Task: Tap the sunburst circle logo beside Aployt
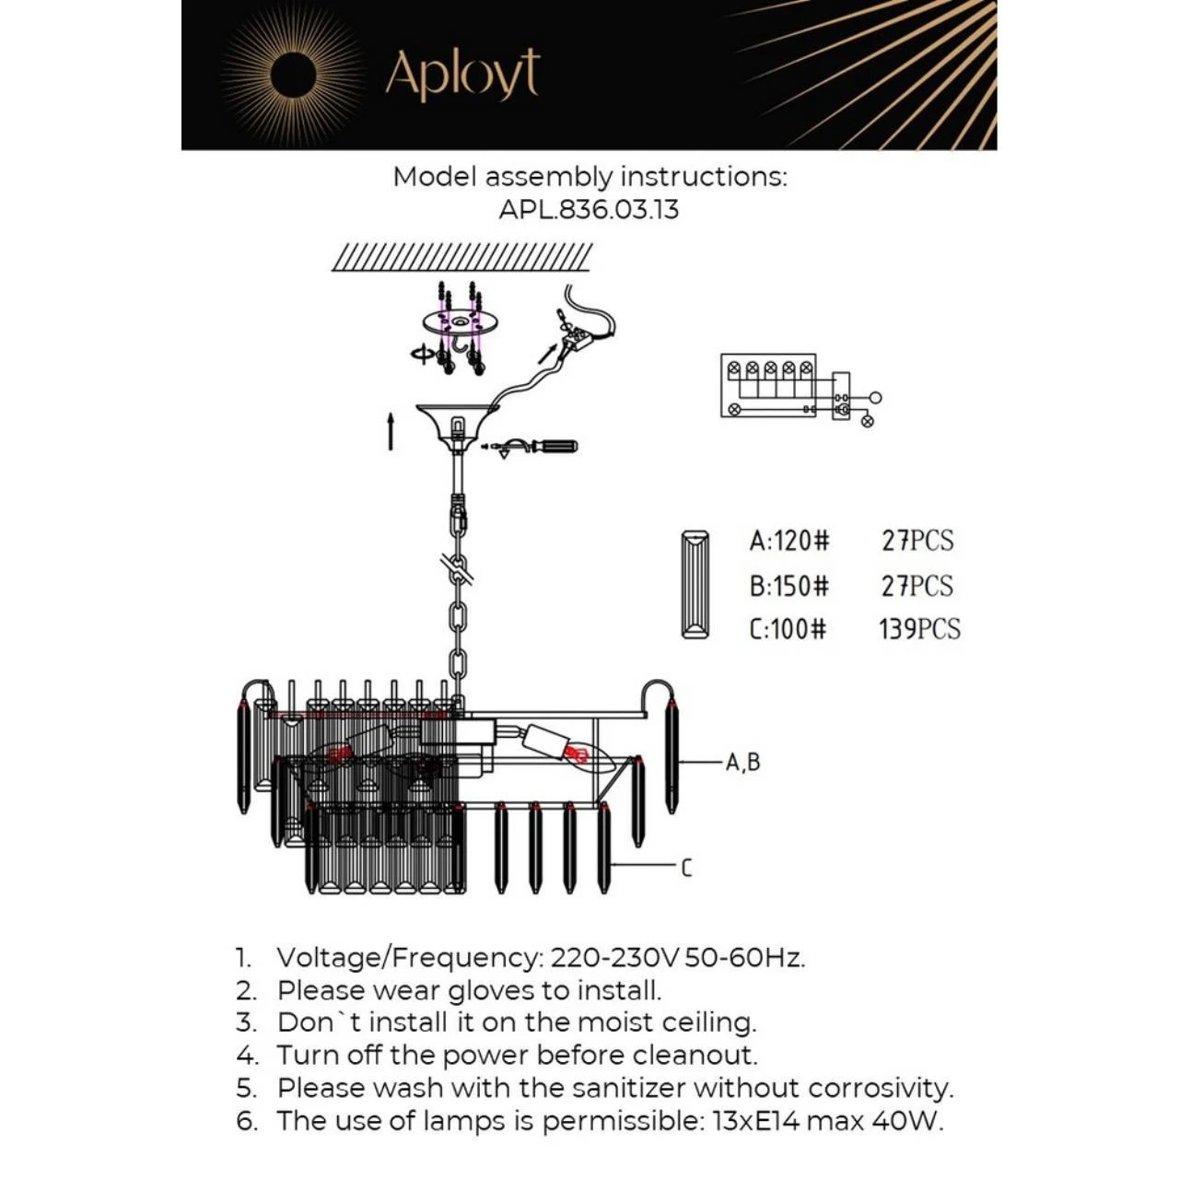294,74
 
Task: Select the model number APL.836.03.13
589,209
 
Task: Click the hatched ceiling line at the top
461,257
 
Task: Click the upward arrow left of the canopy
391,431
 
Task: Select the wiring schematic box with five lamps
768,386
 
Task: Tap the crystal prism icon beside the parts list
695,584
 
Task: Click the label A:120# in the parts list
789,541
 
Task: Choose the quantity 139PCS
919,629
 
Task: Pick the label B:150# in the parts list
789,586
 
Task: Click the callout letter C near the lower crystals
686,868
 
